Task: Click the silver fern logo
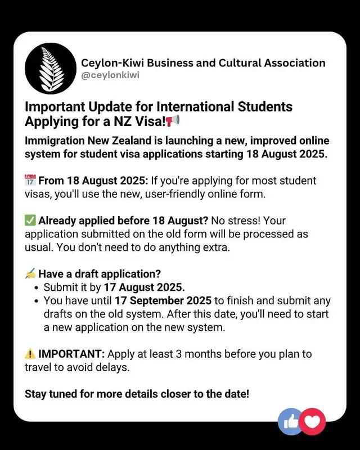(50, 69)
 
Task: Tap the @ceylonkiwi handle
(110, 75)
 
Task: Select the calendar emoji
(30, 181)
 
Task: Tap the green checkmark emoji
(30, 220)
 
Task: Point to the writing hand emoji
(30, 274)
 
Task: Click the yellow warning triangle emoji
(30, 354)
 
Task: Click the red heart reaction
(313, 421)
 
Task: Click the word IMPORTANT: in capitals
(71, 354)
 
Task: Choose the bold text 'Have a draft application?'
(100, 274)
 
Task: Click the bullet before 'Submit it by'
(37, 287)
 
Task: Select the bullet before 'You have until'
(37, 301)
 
